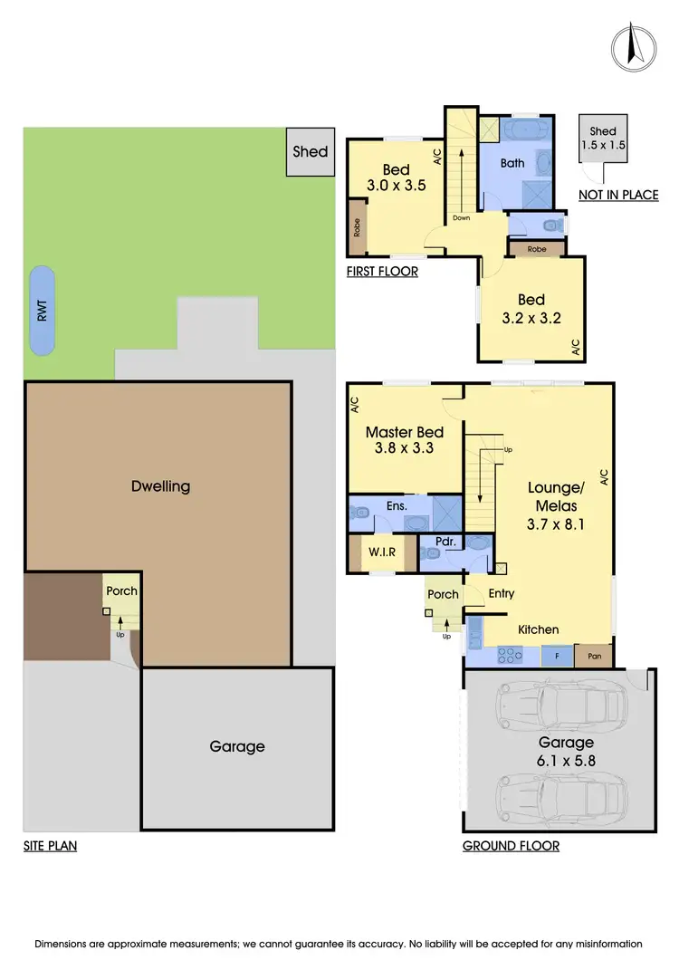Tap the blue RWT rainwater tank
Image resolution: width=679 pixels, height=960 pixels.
click(41, 311)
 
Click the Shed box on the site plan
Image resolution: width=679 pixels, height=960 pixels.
click(310, 151)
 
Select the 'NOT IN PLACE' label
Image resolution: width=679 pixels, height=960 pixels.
click(618, 195)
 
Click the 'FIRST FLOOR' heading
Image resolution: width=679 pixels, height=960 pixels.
click(382, 271)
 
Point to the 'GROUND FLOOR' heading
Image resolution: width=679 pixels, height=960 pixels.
click(511, 846)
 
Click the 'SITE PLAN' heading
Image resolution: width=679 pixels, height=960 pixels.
click(50, 846)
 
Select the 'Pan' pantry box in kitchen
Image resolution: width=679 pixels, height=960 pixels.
click(594, 655)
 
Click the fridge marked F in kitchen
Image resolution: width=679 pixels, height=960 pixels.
click(556, 655)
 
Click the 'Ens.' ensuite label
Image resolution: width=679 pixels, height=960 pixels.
click(397, 505)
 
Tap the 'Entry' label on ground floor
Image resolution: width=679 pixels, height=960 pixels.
click(501, 594)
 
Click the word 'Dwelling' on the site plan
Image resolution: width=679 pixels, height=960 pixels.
click(160, 485)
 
